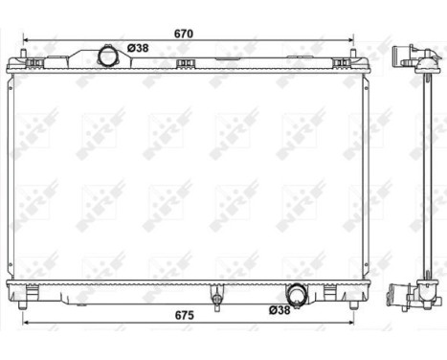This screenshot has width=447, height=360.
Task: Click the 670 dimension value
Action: click(x=184, y=34)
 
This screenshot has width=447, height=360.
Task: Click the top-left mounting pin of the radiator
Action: click(x=35, y=64)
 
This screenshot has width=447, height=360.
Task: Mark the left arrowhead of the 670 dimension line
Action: click(x=25, y=41)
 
